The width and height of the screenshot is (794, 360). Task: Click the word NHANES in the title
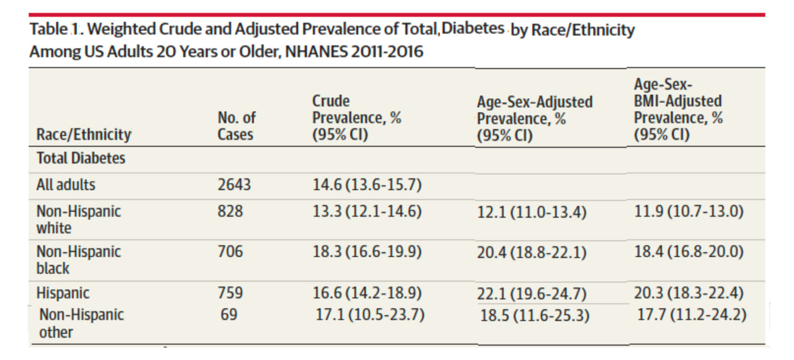coord(316,52)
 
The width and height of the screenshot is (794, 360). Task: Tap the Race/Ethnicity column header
coord(84,134)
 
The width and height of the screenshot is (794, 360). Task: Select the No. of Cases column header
coord(237,126)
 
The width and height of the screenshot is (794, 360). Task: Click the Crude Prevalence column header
coord(356,118)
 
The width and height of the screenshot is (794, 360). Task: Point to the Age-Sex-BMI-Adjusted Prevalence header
coord(678,109)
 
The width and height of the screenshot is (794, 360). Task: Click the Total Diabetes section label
coord(81,158)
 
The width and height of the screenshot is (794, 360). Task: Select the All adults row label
coord(66,185)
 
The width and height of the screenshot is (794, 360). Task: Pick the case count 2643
coord(234,185)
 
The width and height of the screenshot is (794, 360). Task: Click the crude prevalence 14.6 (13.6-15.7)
coord(367,185)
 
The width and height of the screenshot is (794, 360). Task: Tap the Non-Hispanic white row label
coord(79,219)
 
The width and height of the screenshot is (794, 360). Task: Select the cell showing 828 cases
coord(230,211)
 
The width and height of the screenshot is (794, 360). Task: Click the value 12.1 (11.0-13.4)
coord(531,212)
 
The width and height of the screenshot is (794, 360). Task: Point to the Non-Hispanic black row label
coord(79,259)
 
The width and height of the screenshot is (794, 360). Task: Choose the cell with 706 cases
coord(230,251)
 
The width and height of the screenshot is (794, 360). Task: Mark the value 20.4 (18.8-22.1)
coord(531,252)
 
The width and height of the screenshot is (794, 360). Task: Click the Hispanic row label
coord(63,293)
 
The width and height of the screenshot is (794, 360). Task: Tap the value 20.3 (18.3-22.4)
coord(689,293)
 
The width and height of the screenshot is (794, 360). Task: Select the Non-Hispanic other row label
coord(81,323)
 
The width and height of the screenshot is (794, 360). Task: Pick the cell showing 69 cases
coord(229,314)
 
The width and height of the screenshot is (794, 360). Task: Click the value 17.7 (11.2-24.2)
coord(691,314)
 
